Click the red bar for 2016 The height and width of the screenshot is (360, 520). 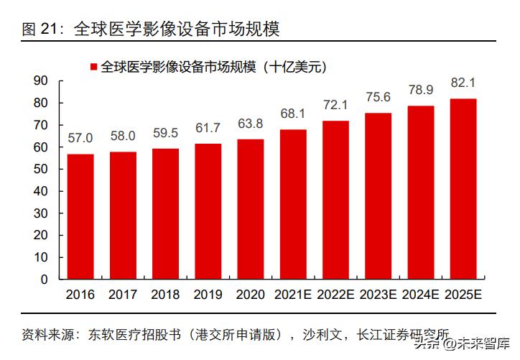pos(80,216)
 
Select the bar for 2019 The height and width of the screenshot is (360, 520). pos(208,211)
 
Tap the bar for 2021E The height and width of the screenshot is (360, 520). pos(293,204)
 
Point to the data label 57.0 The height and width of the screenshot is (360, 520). pos(80,138)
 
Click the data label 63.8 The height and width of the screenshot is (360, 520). pos(251,123)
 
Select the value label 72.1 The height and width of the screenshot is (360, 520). pos(335,105)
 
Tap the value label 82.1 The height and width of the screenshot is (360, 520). pos(463,83)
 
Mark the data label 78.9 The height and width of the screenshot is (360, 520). pos(421,90)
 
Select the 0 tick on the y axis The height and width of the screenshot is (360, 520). pos(45,279)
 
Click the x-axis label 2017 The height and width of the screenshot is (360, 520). pos(123,295)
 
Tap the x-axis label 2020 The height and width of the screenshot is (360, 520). pos(251,295)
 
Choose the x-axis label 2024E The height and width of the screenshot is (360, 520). pos(421,295)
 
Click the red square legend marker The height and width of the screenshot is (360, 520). pos(93,67)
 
